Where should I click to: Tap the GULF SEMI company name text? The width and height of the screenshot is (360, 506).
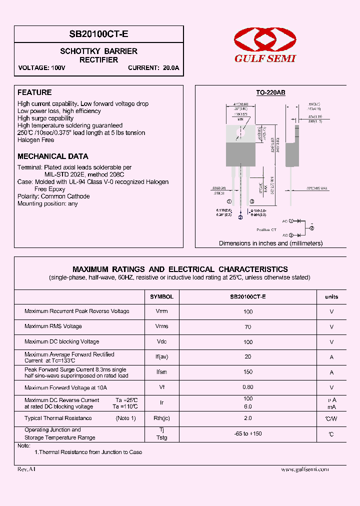[x=265, y=58]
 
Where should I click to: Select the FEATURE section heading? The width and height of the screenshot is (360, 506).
[x=34, y=92]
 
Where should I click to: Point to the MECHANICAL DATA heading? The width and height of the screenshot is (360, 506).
[x=52, y=156]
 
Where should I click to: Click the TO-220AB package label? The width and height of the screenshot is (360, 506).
[x=270, y=92]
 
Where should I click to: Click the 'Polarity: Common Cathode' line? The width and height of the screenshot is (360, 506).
[x=53, y=196]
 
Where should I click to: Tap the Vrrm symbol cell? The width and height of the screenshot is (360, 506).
[x=161, y=311]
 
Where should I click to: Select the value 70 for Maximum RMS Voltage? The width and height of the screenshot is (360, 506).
[x=248, y=326]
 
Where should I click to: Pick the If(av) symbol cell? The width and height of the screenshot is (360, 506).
[x=161, y=357]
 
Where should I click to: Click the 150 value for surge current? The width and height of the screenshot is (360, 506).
[x=248, y=372]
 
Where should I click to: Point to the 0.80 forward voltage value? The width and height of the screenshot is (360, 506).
[x=248, y=387]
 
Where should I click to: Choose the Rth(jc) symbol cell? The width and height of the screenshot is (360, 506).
[x=161, y=418]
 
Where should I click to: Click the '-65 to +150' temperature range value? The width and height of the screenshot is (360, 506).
[x=248, y=433]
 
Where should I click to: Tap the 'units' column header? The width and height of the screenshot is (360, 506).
[x=331, y=296]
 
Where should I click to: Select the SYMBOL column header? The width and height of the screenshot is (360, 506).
[x=161, y=296]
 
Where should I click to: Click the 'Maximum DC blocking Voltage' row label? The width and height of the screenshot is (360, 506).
[x=61, y=342]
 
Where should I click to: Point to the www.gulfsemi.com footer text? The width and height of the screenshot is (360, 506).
[x=305, y=469]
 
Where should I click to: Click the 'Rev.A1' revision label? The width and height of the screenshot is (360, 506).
[x=26, y=469]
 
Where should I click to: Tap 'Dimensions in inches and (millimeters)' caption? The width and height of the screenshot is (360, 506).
[x=270, y=243]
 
